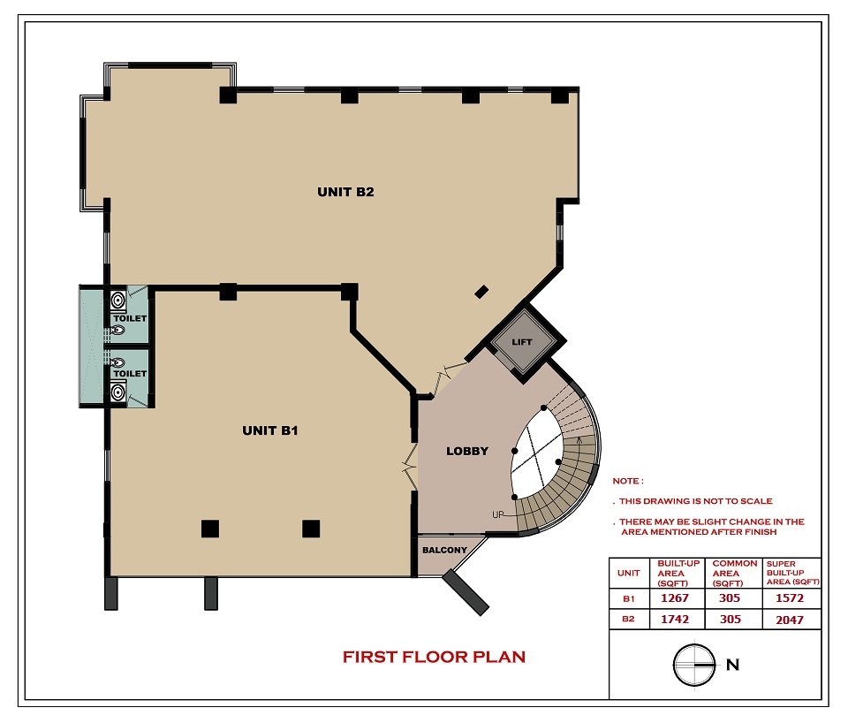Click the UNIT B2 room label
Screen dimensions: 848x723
[x=345, y=192]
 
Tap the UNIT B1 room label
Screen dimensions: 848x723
[x=270, y=430]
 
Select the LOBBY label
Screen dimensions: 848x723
[x=467, y=452]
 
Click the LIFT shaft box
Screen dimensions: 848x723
[x=522, y=342]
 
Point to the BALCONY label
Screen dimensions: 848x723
[x=444, y=551]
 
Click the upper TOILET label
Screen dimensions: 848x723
[x=131, y=318]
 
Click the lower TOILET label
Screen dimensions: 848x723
[x=131, y=373]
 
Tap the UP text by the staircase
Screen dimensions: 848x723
[x=498, y=514]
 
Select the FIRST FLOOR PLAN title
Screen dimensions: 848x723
[x=434, y=657]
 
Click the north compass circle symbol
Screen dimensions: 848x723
[x=694, y=665]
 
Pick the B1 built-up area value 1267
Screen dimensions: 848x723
[x=675, y=598]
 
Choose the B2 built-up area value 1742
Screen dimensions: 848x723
[x=675, y=619]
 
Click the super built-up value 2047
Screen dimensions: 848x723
[x=790, y=620]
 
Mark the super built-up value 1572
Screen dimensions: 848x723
[x=790, y=598]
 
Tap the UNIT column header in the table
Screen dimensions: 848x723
[x=628, y=573]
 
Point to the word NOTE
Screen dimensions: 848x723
[x=625, y=481]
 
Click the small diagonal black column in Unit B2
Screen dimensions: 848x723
[x=481, y=292]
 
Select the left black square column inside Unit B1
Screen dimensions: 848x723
[x=210, y=529]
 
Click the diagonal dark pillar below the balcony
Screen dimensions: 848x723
[x=466, y=592]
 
